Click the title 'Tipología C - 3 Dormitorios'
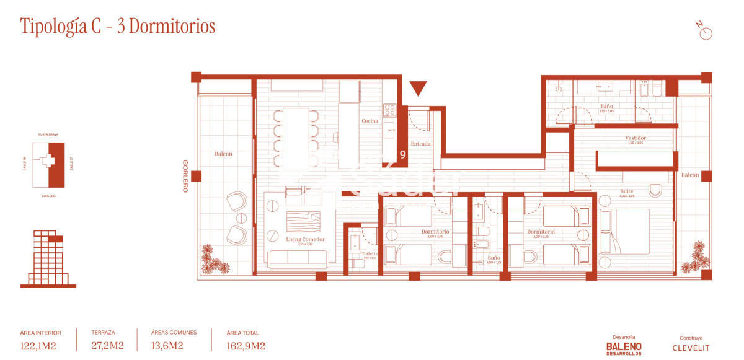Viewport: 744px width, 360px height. pyautogui.click(x=118, y=27)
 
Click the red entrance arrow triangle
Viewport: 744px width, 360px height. pyautogui.click(x=418, y=89)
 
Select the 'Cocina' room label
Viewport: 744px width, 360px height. pyautogui.click(x=370, y=121)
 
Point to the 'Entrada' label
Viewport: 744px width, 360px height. pyautogui.click(x=420, y=144)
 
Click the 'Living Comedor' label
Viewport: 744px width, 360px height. pyautogui.click(x=305, y=239)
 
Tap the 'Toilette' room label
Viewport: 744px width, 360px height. pyautogui.click(x=370, y=253)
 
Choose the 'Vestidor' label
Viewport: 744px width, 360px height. pyautogui.click(x=635, y=138)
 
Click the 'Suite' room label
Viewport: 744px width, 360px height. pyautogui.click(x=627, y=191)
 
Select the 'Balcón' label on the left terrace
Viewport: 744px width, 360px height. pyautogui.click(x=223, y=154)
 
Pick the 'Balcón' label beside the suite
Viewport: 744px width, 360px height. pyautogui.click(x=690, y=175)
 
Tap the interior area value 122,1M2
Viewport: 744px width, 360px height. pyautogui.click(x=38, y=346)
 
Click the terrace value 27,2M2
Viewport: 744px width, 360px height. pyautogui.click(x=107, y=346)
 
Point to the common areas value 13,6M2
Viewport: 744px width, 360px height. pyautogui.click(x=167, y=346)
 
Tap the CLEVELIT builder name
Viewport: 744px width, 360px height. pyautogui.click(x=691, y=348)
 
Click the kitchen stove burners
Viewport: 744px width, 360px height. pyautogui.click(x=389, y=110)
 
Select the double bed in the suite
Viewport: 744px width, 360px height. pyautogui.click(x=624, y=231)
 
